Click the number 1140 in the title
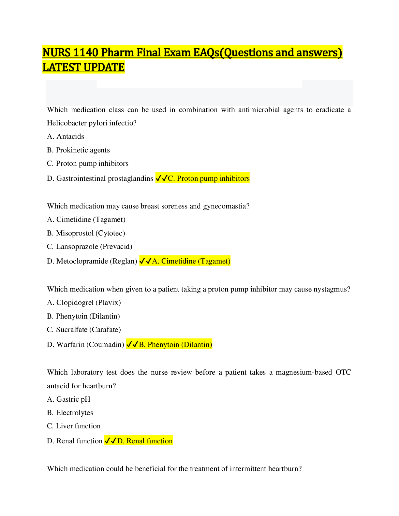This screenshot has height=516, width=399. click(x=85, y=52)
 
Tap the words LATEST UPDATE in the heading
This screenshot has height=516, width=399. click(x=83, y=67)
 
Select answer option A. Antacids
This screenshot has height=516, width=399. click(x=66, y=136)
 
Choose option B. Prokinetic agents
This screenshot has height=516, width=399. click(x=79, y=150)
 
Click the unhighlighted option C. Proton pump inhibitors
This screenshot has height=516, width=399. click(x=88, y=164)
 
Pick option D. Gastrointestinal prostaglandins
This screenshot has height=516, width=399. click(x=100, y=178)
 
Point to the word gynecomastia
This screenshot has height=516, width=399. click(x=226, y=206)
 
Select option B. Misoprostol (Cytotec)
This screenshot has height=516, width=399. click(x=86, y=233)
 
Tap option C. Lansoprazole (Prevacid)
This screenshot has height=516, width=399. click(x=90, y=247)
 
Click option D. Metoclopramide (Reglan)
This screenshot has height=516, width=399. click(x=92, y=261)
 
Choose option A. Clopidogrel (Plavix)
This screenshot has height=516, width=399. click(x=84, y=303)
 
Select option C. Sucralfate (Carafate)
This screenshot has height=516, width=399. click(x=84, y=330)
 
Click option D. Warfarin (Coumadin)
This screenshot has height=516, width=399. click(x=85, y=345)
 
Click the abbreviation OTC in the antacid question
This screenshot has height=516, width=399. click(x=343, y=372)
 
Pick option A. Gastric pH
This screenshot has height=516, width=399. click(x=69, y=399)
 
